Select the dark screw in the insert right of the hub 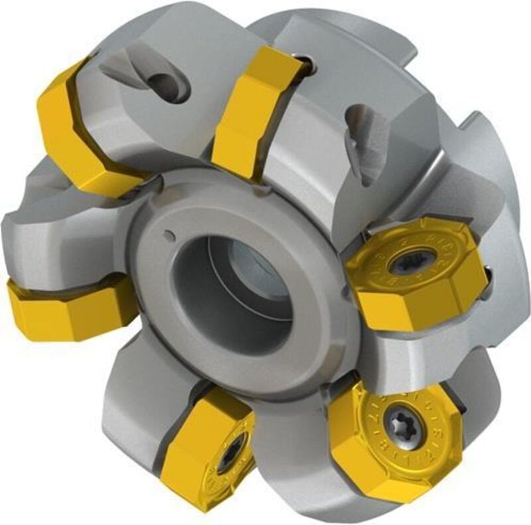[400, 264]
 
